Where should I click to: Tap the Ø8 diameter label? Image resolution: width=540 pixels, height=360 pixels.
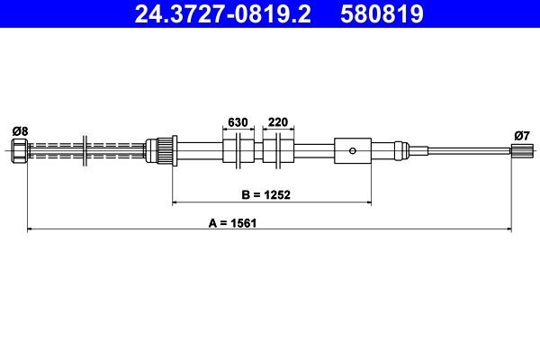[x=20, y=131]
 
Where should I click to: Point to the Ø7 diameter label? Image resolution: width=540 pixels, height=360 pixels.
[x=520, y=135]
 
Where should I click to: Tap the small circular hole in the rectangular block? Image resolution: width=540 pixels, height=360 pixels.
[x=354, y=150]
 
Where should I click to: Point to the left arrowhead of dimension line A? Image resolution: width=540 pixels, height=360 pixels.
[x=31, y=230]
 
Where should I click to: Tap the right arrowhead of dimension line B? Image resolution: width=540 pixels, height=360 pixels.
[x=368, y=202]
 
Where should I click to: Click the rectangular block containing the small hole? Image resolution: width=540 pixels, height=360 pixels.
[x=352, y=150]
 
